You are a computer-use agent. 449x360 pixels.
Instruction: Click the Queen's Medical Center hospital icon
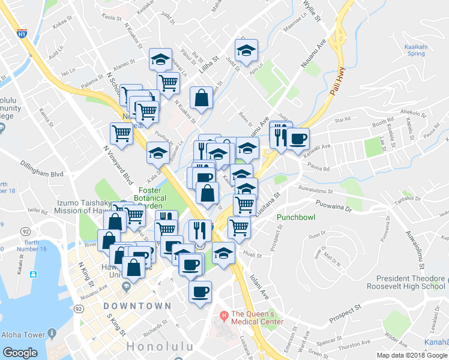[223, 316]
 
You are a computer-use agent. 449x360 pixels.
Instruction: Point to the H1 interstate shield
[22, 34]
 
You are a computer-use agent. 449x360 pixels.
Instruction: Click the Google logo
[20, 353]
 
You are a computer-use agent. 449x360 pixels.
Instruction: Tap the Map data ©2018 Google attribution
[412, 355]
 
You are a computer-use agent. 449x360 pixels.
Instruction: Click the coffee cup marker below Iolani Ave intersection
[200, 292]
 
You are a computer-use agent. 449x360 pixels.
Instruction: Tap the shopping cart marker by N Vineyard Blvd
[121, 133]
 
